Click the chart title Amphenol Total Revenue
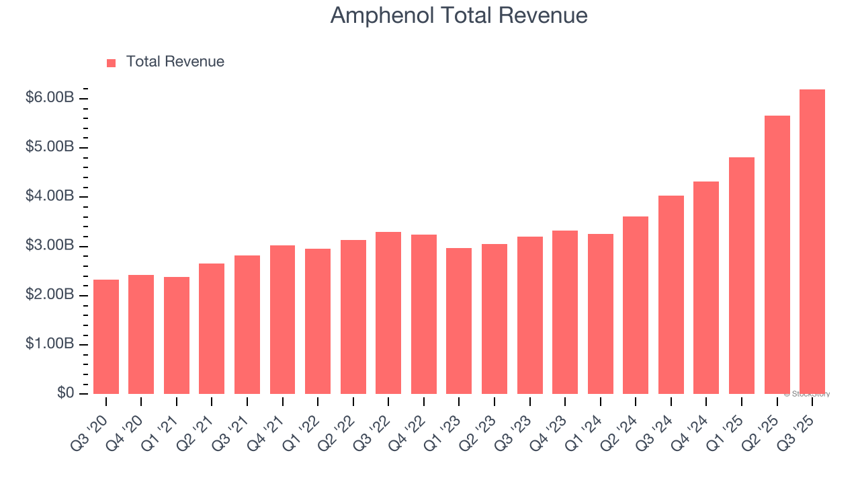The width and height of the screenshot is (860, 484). point(459,15)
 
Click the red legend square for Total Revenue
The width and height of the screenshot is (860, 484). point(112,63)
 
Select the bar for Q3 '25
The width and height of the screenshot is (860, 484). point(812,241)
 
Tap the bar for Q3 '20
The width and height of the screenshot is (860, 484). point(106,336)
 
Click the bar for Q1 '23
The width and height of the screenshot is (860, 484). point(459,321)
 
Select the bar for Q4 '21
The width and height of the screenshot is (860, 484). point(282,319)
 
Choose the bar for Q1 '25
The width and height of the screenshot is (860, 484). point(741,275)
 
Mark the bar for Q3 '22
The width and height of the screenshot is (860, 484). point(388,313)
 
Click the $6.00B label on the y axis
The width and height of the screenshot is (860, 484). point(50,98)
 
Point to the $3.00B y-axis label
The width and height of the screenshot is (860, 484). point(50,246)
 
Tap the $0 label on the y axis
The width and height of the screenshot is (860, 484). point(64,393)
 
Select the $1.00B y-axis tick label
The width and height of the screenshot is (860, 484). point(50,344)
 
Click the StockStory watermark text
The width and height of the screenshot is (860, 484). point(806,394)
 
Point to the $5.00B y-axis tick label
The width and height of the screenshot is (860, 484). point(50,147)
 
